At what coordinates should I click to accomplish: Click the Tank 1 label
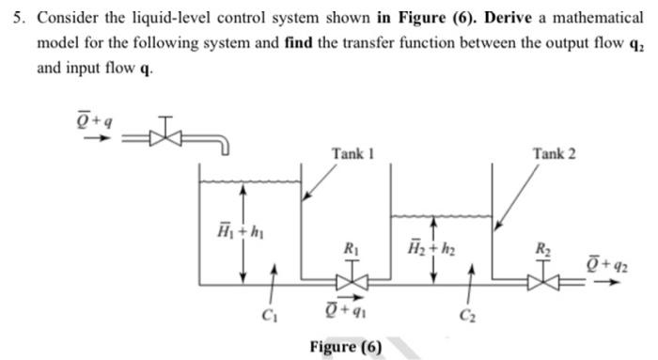(x=353, y=153)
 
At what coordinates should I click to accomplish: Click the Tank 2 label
(x=554, y=153)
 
